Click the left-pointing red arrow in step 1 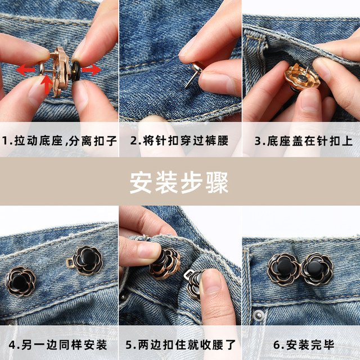click(x=25, y=70)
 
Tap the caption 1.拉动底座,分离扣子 click(x=59, y=139)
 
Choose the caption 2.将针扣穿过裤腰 click(x=180, y=139)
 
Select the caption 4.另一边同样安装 click(x=59, y=343)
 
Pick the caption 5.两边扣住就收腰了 click(x=180, y=343)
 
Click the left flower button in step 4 click(x=21, y=281)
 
